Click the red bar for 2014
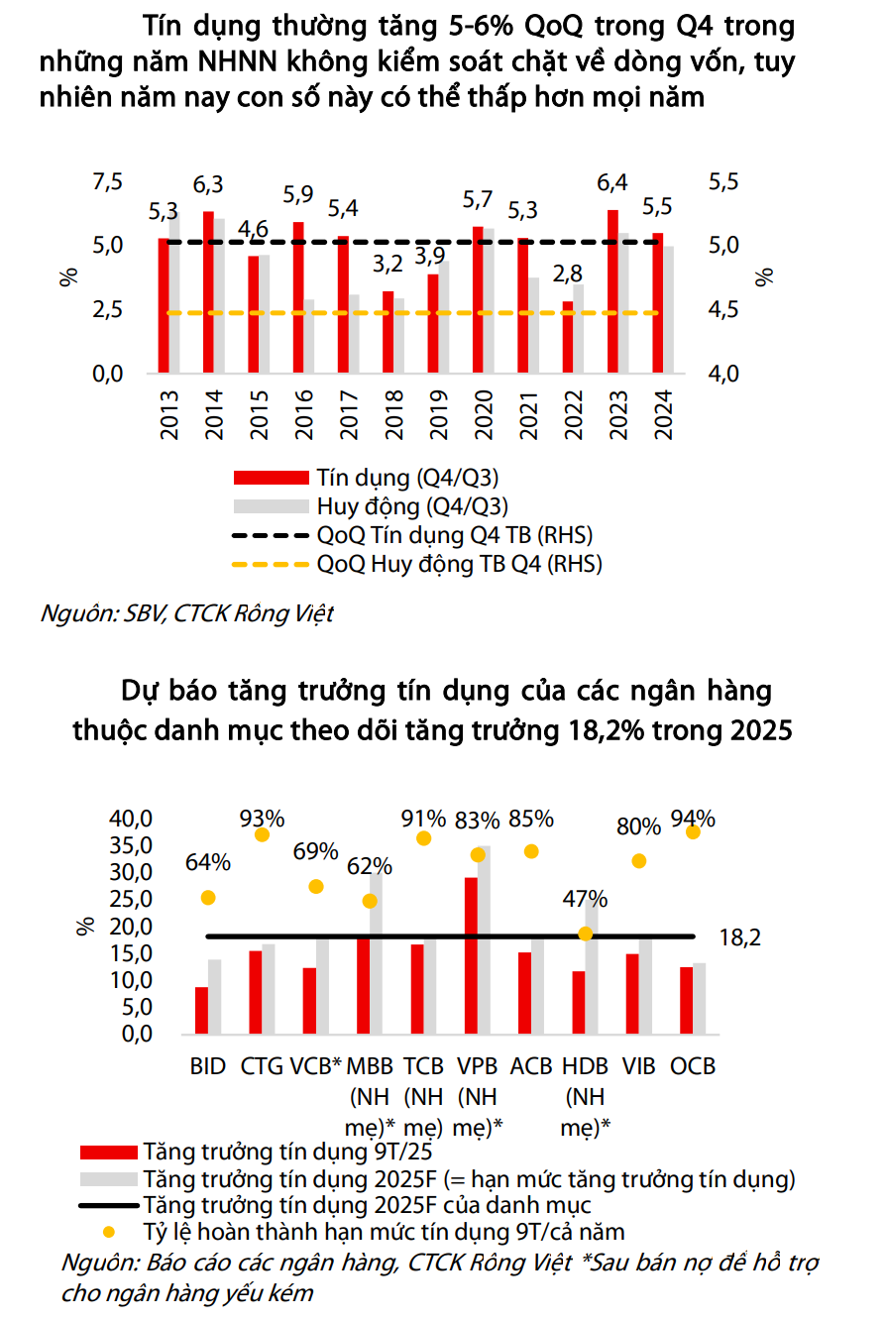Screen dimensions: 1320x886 tap(208, 292)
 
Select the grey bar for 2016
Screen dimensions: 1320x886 tap(309, 337)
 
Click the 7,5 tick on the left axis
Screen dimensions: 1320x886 tap(107, 182)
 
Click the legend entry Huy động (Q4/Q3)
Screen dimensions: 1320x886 tap(412, 506)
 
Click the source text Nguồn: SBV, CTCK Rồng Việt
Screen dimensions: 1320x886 tap(186, 613)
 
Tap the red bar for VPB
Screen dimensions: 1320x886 tap(471, 955)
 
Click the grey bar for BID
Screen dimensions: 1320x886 tap(214, 996)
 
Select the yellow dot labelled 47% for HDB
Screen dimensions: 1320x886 tap(586, 934)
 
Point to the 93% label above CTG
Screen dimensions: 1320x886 tap(263, 819)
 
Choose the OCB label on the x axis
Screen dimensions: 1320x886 tap(693, 1066)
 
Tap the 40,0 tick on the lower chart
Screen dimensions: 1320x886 tap(131, 819)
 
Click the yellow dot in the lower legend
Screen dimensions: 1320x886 tap(108, 1232)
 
